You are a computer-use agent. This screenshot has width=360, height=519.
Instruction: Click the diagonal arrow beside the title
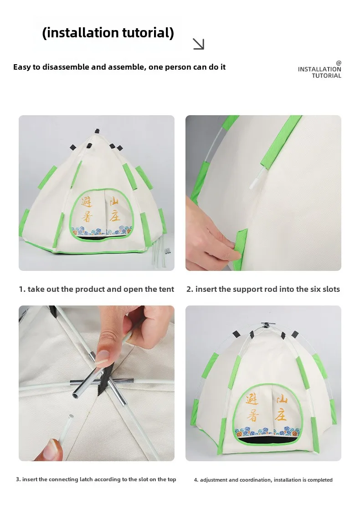[198, 44]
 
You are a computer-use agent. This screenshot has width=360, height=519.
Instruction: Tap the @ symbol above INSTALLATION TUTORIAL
[339, 63]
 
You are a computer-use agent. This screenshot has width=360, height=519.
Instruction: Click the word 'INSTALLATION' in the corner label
[319, 69]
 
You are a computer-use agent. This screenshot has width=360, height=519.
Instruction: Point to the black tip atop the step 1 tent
[97, 131]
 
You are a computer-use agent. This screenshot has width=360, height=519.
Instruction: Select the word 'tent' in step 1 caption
[167, 289]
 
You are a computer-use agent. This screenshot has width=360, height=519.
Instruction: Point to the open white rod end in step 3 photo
[71, 417]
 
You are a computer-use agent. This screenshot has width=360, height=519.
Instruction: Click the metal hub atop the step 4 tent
[268, 325]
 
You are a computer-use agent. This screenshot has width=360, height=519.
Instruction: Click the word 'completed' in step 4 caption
[320, 480]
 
